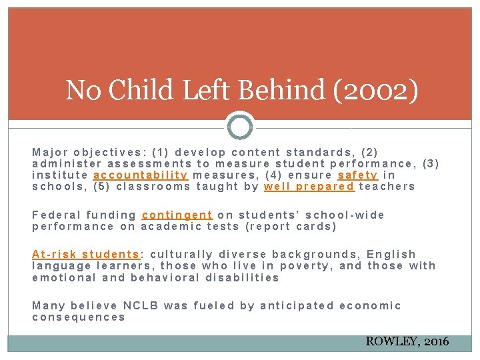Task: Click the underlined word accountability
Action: coord(141,175)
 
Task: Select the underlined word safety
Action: coord(358,175)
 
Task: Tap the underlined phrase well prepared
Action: coord(309,187)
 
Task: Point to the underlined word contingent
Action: coord(177,215)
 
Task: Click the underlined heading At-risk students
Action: coord(85,254)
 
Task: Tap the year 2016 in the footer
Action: coord(437,342)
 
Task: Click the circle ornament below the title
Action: coord(240,125)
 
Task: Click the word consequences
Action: coord(79,317)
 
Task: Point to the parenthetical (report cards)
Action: coord(291,226)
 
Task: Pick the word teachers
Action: coord(387,187)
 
